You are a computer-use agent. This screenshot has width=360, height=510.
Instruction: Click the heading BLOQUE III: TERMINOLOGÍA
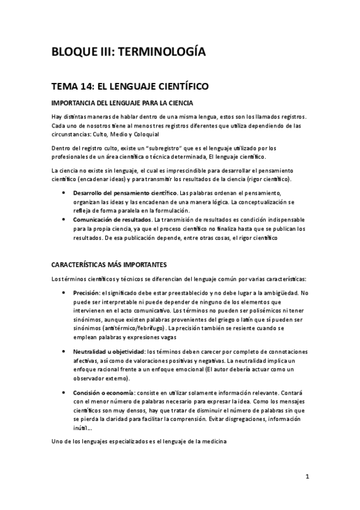click(129, 53)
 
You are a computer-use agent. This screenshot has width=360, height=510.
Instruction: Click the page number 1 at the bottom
click(307, 478)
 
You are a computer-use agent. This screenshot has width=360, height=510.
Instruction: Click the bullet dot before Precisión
click(64, 293)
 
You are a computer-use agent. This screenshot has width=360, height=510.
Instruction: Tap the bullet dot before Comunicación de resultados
click(64, 220)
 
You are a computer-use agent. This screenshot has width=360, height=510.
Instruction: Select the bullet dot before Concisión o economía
click(64, 392)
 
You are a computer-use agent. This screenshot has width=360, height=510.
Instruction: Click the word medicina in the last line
click(211, 443)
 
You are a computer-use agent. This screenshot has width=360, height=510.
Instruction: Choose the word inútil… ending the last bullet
click(83, 429)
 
